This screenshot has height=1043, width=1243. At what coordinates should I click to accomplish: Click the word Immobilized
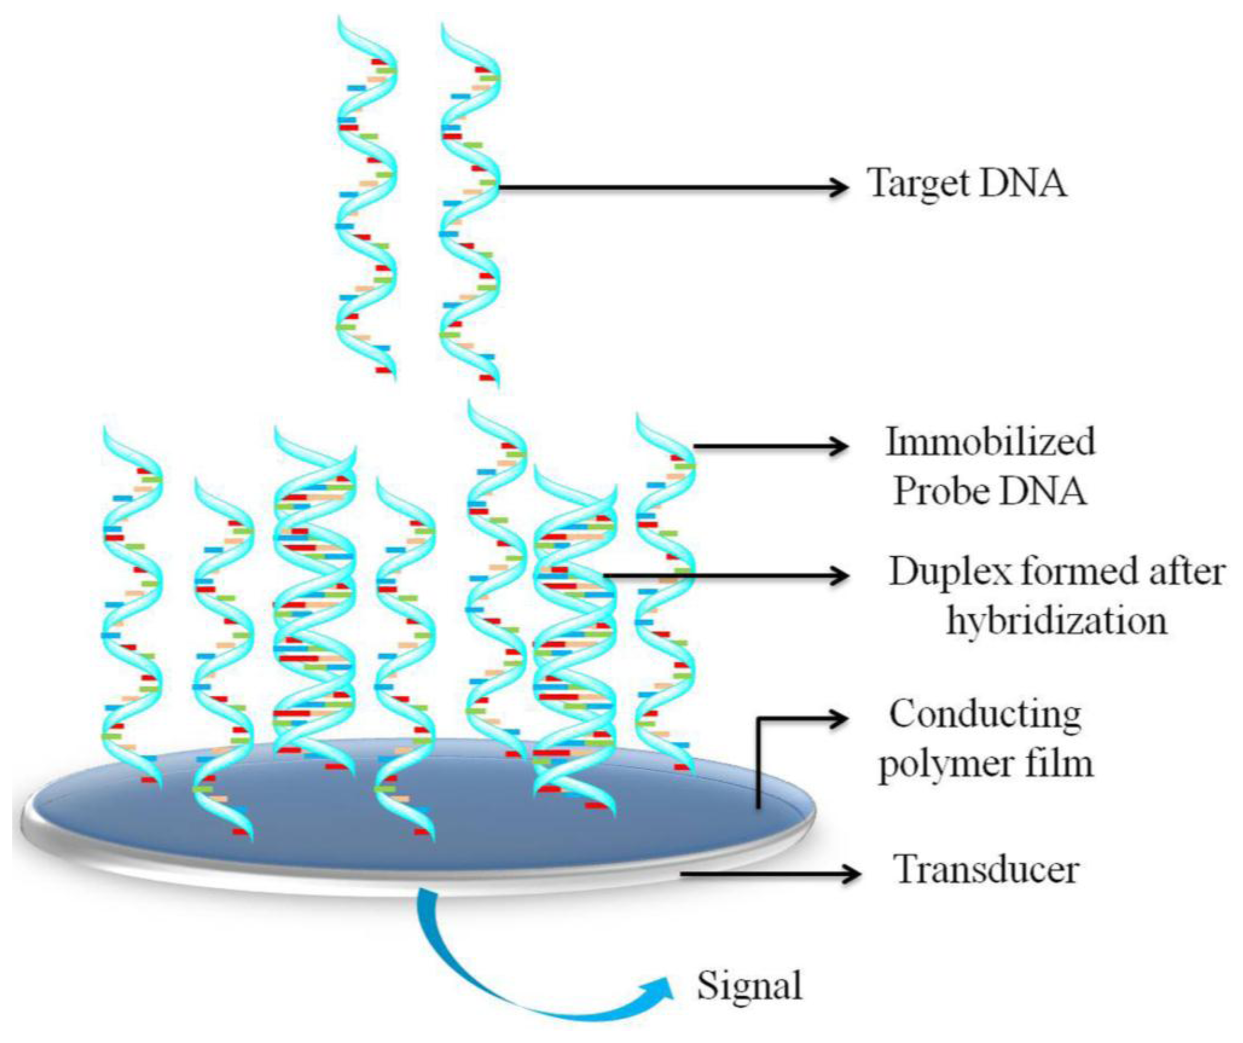(x=990, y=442)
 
